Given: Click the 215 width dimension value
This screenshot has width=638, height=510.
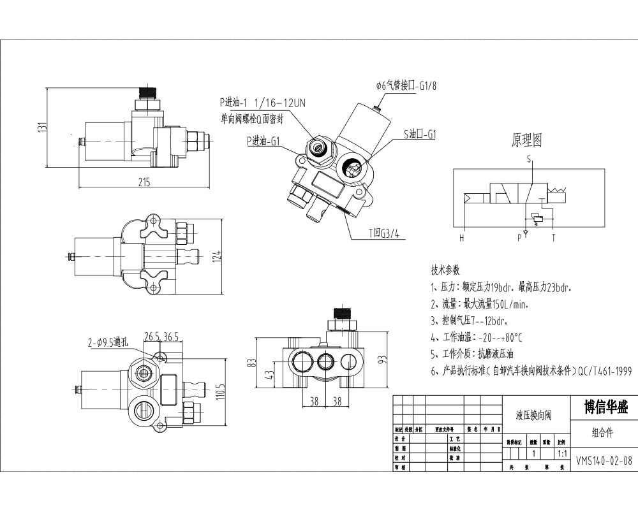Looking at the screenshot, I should pyautogui.click(x=144, y=182).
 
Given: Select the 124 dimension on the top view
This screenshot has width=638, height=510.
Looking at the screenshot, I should pyautogui.click(x=217, y=256).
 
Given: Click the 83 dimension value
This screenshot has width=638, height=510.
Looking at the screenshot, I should pyautogui.click(x=252, y=363).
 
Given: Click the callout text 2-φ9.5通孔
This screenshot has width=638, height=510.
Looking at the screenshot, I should pyautogui.click(x=108, y=342).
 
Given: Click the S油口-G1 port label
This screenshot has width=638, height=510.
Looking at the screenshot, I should pyautogui.click(x=419, y=135).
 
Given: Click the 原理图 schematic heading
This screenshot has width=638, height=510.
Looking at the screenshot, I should pyautogui.click(x=527, y=140).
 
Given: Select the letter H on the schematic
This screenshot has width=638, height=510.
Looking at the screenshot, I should pyautogui.click(x=461, y=238).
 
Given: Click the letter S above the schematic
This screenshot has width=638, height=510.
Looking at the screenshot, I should pyautogui.click(x=528, y=159).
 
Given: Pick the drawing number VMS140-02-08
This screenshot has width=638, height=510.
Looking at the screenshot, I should pyautogui.click(x=604, y=459).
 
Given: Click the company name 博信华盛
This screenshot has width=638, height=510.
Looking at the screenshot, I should pyautogui.click(x=605, y=407).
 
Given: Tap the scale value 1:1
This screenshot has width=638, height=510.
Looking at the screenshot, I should pyautogui.click(x=562, y=454).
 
